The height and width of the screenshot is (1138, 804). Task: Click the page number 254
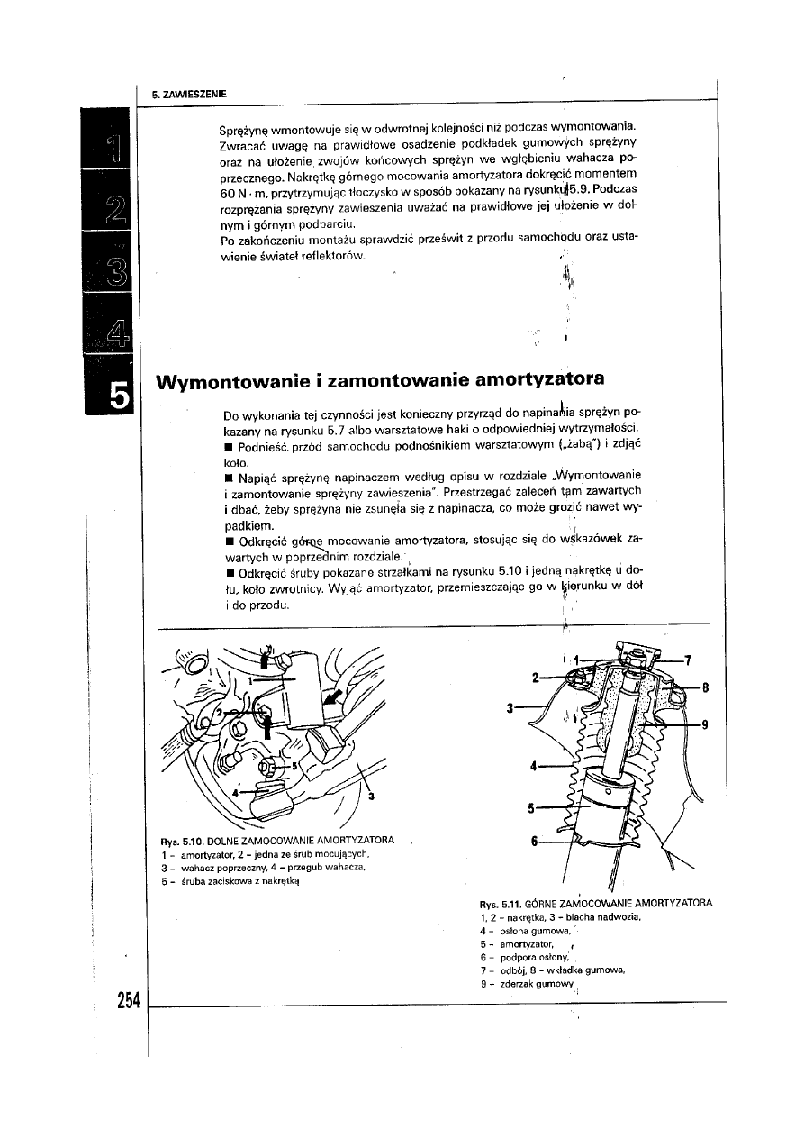click(129, 1001)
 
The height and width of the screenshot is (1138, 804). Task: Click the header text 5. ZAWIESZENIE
click(189, 93)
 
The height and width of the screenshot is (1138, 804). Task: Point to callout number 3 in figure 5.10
click(371, 795)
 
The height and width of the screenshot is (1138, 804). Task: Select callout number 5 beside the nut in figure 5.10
click(293, 763)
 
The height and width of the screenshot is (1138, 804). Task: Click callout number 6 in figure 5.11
click(534, 842)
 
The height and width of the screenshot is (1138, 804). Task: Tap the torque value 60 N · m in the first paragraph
click(241, 194)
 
